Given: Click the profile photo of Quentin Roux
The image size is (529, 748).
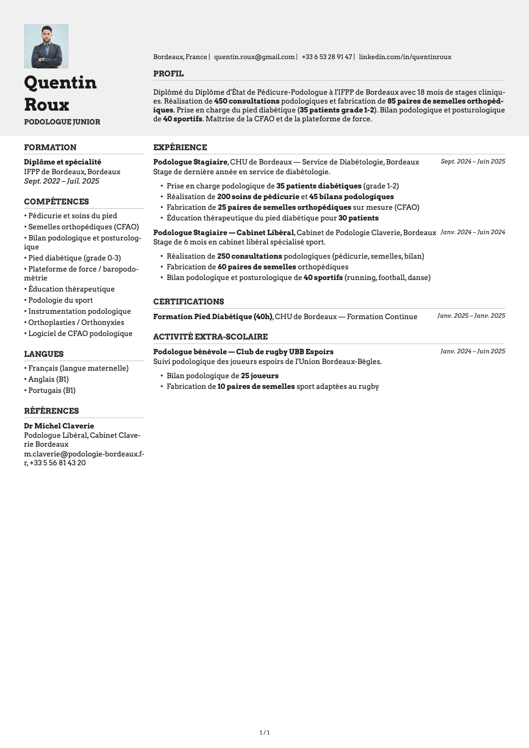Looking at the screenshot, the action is coord(46,46).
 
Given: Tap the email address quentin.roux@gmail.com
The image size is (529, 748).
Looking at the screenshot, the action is coord(254,57).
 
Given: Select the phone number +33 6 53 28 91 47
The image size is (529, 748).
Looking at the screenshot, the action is coord(327,57).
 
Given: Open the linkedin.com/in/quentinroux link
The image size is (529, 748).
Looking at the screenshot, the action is coord(405,57).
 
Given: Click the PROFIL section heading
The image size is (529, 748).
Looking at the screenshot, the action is coord(168,74).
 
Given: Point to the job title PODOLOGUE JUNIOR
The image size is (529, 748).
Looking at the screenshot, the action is coord(62,122).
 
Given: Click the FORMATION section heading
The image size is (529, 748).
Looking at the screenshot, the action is coord(50,148).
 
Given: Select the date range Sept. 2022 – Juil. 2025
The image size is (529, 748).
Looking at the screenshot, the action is coord(62,181).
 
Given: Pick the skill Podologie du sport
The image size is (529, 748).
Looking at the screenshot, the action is coord(60,300).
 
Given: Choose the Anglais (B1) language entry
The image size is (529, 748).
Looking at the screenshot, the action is coord(48,379).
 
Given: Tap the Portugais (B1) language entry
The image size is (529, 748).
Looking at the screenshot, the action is coord(52,390).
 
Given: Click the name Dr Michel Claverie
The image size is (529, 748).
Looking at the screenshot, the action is coord(59,426).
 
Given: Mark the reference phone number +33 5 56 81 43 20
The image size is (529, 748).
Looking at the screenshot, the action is coord(58,463).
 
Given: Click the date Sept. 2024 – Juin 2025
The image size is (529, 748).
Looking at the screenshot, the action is coord(473,161).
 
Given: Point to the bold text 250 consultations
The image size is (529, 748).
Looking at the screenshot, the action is coord(249,256).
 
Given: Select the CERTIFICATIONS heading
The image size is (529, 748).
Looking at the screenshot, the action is coord(188,302).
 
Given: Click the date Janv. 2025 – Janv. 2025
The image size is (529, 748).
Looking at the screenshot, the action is coord(471,316).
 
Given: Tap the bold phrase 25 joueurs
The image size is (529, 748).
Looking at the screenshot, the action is coord(260,376).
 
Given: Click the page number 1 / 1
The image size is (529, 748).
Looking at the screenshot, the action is coord(264,732).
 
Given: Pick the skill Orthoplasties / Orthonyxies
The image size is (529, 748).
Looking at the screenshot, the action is coord(76,322).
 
